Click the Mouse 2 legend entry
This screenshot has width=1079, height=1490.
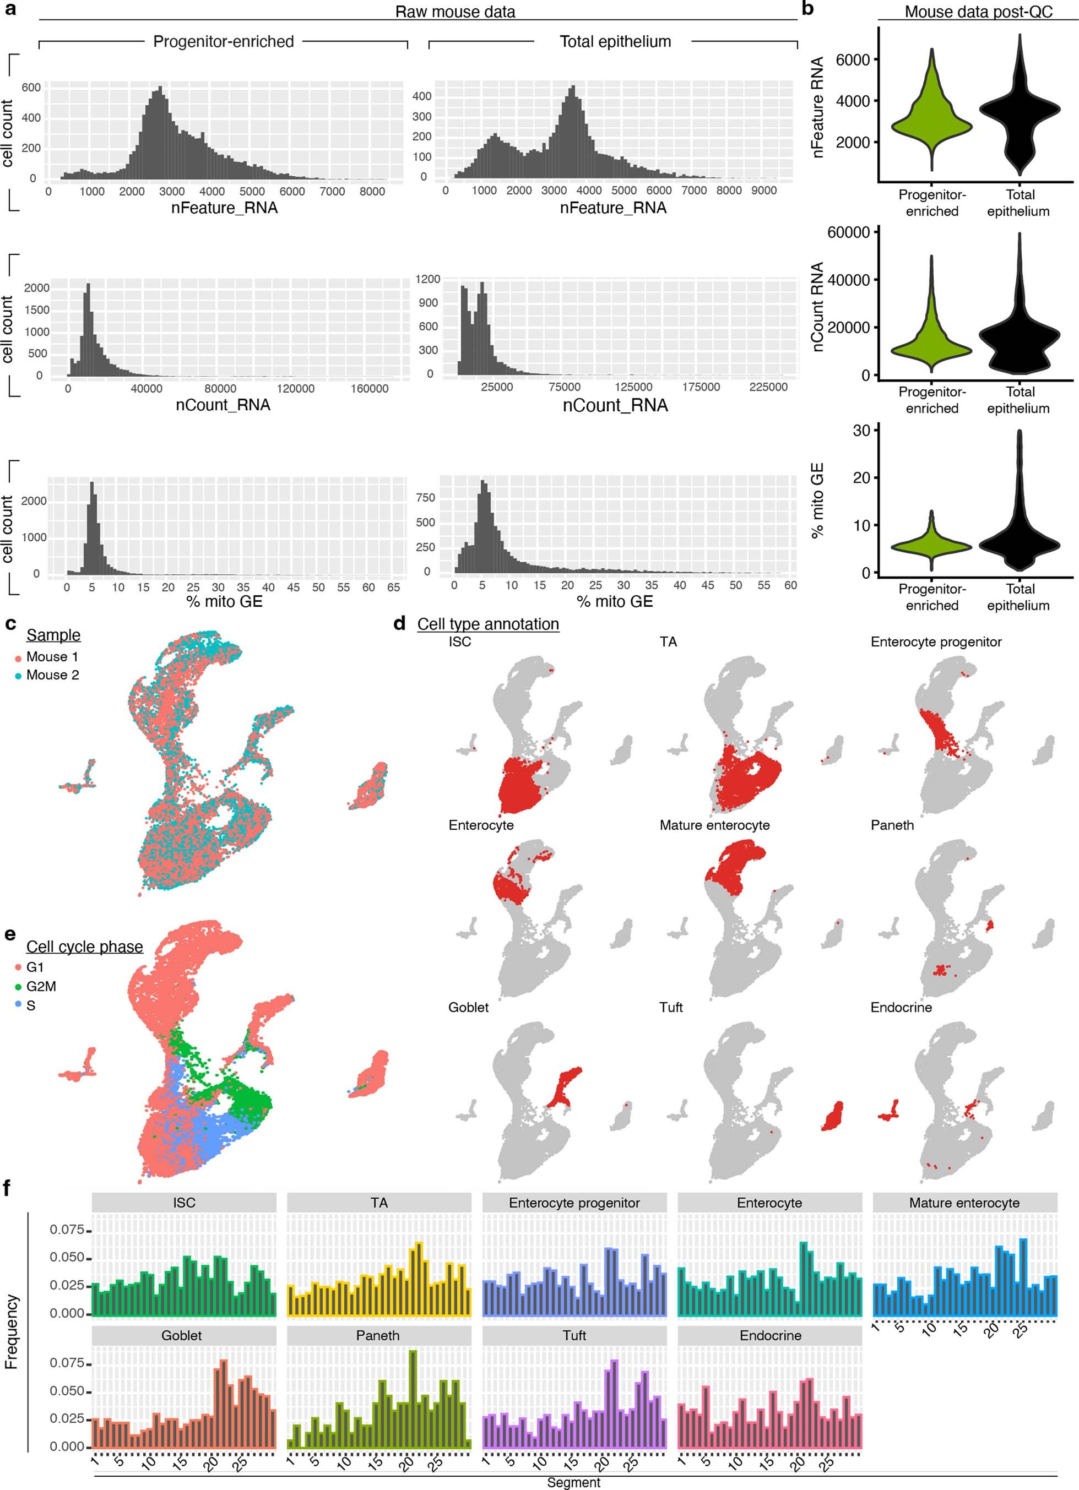click(x=52, y=675)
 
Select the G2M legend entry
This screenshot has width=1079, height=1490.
click(x=40, y=986)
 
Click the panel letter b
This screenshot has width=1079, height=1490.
click(x=808, y=9)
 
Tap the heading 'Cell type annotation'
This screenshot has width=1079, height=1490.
click(x=487, y=624)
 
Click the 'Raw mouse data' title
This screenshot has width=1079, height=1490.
click(x=455, y=11)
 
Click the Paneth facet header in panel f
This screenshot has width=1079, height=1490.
click(x=378, y=1336)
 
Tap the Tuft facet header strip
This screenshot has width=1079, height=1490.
click(x=574, y=1336)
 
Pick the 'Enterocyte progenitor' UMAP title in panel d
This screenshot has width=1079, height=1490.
click(x=936, y=642)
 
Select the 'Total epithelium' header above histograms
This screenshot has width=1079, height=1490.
click(x=615, y=41)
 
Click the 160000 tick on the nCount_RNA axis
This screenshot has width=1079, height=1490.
click(x=368, y=389)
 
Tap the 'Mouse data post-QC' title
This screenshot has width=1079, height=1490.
click(x=978, y=11)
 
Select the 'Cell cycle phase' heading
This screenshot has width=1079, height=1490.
click(x=84, y=947)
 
